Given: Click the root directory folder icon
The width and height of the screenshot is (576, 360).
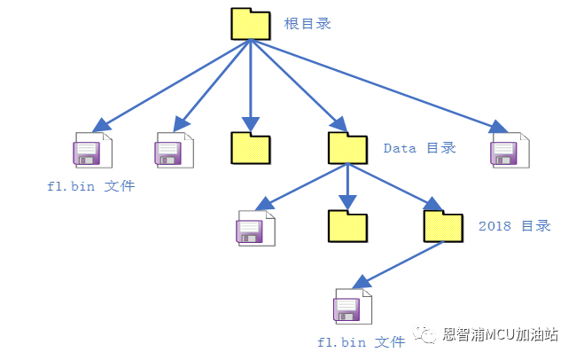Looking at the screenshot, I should tap(250, 24).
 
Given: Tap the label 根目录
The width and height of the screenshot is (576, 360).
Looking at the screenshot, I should tap(307, 24).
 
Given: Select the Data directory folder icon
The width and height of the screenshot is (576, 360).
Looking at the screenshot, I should tap(347, 148).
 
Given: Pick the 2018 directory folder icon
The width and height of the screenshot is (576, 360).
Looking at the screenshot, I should tap(443, 227).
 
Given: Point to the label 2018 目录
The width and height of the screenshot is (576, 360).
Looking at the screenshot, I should tap(514, 226).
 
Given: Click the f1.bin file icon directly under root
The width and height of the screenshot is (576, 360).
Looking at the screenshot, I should tap(91, 152).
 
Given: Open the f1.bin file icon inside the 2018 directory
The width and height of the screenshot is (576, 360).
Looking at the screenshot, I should tap(352, 307).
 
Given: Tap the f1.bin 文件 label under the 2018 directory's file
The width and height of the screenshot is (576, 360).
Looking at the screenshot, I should tap(354, 341).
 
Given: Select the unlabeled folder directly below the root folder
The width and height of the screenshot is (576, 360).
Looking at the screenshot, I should tap(250, 148).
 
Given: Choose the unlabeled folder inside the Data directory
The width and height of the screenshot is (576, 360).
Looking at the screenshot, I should tap(347, 227).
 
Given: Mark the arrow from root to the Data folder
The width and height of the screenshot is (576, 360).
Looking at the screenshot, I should tap(297, 83).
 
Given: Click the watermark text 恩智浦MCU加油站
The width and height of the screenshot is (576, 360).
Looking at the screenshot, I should tap(500, 335).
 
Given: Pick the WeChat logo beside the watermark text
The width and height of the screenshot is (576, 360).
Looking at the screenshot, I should tap(427, 335).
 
